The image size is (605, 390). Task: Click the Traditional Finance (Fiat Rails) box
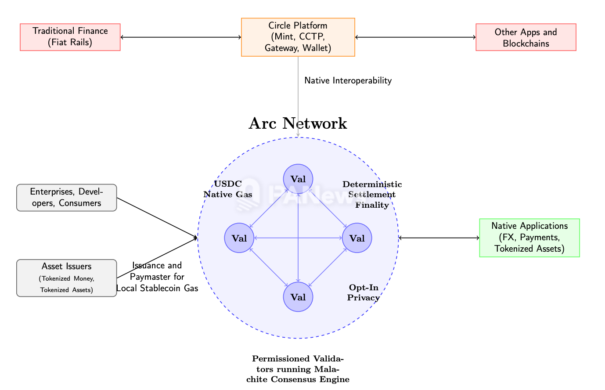[70, 37]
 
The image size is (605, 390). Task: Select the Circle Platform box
[298, 37]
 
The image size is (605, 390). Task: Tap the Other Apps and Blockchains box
[526, 37]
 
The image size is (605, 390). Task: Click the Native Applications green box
[529, 238]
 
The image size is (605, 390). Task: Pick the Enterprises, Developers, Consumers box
[66, 198]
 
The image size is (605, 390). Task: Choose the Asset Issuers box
[66, 278]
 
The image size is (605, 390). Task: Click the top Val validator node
[298, 179]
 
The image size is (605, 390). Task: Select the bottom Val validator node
[298, 297]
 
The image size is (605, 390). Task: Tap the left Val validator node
[239, 238]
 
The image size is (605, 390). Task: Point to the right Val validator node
[357, 238]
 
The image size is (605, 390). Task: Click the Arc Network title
[298, 123]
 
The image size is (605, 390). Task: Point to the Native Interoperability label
[348, 81]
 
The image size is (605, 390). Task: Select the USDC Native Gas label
[228, 189]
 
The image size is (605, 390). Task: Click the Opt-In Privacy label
[363, 292]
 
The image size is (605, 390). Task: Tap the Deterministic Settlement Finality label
[372, 195]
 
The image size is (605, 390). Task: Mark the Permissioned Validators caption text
[298, 369]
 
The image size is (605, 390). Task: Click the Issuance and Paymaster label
[157, 277]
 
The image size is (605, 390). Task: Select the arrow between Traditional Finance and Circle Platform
[181, 37]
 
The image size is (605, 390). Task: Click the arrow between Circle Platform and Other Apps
[415, 37]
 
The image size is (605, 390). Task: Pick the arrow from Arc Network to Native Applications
[439, 238]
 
